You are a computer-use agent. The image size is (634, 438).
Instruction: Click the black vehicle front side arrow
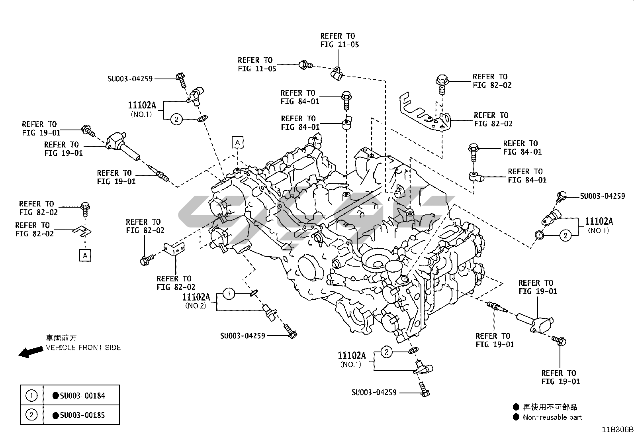[x=31, y=352]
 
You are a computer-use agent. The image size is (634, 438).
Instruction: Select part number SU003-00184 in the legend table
[x=82, y=396]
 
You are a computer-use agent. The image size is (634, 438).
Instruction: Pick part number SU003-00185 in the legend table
[x=82, y=415]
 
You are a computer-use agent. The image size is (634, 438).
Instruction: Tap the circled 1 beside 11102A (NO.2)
[x=229, y=295]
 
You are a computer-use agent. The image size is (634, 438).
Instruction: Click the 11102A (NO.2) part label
[x=196, y=297]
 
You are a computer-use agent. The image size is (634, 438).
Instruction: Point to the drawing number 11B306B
[x=617, y=430]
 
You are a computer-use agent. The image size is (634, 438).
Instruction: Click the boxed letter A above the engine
[x=238, y=142]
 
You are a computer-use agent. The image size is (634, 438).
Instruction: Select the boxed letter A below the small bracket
[x=85, y=255]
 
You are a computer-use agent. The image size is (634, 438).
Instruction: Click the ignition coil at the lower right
[x=536, y=321]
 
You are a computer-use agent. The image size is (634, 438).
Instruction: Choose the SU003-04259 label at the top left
[x=130, y=79]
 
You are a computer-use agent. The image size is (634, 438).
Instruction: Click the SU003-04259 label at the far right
[x=602, y=196]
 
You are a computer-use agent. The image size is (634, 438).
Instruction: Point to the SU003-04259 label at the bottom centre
[x=243, y=336]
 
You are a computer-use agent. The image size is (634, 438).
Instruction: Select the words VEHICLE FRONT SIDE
[x=83, y=348]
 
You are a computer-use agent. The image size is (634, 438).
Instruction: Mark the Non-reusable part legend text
[x=552, y=417]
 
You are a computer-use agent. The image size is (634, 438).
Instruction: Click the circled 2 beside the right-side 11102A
[x=565, y=236]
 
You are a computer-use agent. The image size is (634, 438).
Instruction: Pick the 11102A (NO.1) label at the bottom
[x=352, y=356]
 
